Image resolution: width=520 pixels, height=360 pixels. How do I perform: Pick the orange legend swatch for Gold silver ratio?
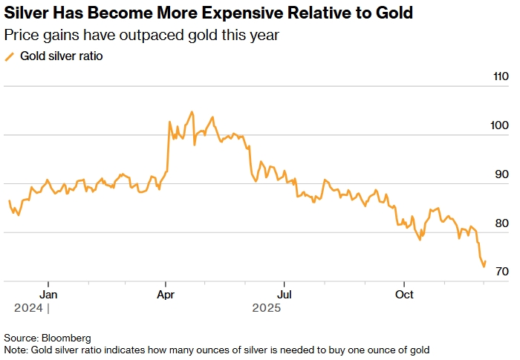[x=10, y=56]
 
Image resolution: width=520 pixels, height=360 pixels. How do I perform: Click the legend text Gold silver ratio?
[x=61, y=56]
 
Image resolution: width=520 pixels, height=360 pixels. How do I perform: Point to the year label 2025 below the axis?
[x=266, y=307]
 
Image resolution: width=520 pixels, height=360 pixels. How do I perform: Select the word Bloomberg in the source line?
[x=65, y=338]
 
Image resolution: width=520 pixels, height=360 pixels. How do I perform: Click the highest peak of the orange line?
[x=192, y=112]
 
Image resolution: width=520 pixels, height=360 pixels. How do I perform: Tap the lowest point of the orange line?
[x=484, y=266]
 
